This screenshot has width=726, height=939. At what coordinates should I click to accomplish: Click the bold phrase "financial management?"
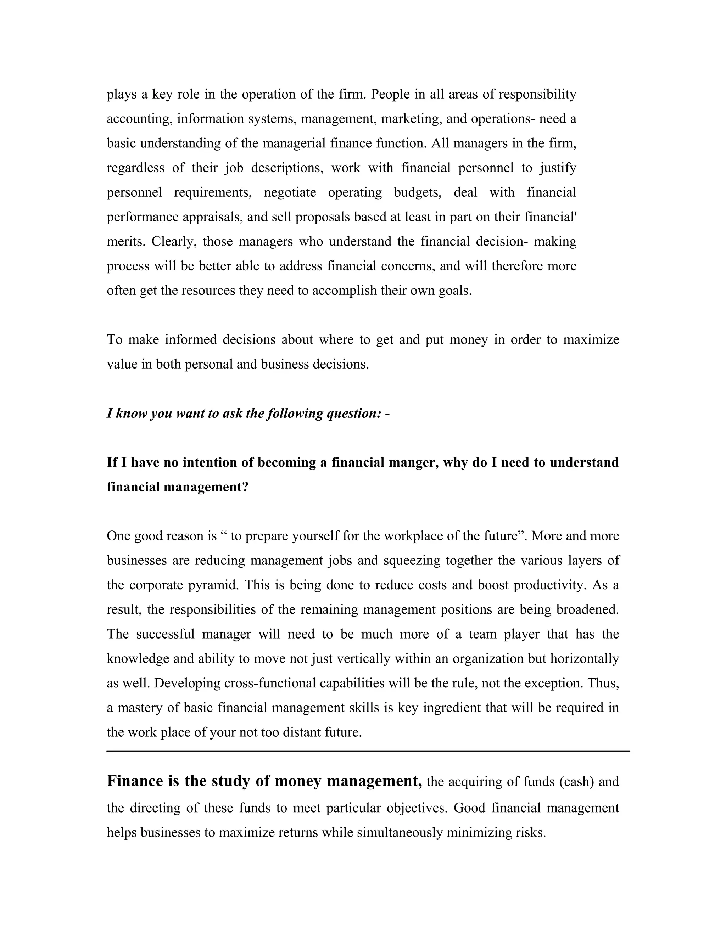point(178,487)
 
